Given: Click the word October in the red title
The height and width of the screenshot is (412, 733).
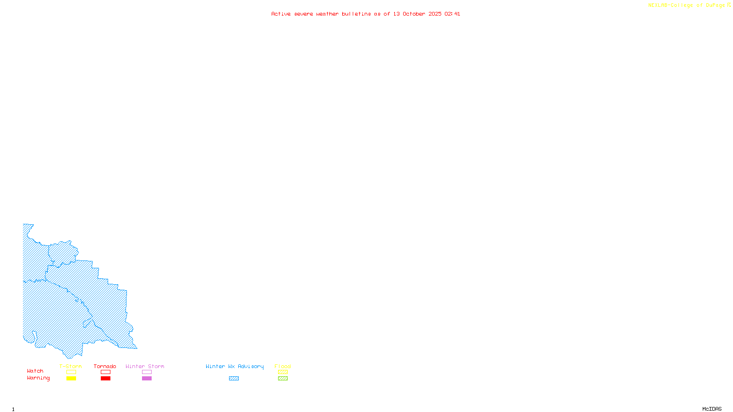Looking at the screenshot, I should tap(414, 14).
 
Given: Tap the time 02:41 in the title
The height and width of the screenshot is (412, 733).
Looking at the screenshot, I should tap(452, 14).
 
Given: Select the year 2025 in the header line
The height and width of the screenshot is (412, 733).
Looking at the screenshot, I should tap(435, 14).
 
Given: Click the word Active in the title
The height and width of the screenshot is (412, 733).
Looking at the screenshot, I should tap(281, 14).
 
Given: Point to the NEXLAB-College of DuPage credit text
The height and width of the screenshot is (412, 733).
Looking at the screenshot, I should tap(686, 5).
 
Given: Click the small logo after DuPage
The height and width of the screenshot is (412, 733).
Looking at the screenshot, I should tap(729, 5).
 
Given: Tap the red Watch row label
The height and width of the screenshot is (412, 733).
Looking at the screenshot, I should tap(35, 371).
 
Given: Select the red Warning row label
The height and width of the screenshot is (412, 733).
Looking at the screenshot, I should tap(38, 378).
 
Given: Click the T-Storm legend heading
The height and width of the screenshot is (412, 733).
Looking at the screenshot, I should tap(71, 366).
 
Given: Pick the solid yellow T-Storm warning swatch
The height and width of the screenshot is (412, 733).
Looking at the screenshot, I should tap(71, 379).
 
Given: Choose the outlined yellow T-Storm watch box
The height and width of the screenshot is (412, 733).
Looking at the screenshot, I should tap(71, 372).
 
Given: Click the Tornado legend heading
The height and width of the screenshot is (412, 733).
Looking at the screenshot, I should tap(105, 366).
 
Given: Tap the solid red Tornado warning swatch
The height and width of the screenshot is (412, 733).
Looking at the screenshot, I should tap(105, 379).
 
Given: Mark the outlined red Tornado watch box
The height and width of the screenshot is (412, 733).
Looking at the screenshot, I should tap(105, 372).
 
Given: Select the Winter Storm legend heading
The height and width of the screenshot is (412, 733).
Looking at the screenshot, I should tap(145, 366).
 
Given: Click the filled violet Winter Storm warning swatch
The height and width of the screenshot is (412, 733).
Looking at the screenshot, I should tap(147, 379).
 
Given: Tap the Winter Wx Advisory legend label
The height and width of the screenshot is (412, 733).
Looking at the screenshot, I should tap(235, 366).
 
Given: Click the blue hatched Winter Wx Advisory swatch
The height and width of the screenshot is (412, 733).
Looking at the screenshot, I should tap(234, 379).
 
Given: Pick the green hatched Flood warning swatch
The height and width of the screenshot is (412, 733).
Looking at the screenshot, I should tap(283, 379).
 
